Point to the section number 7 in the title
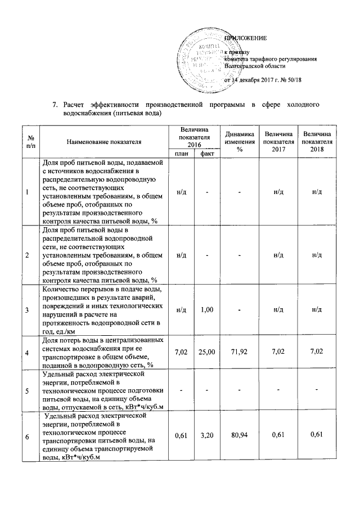tap(55, 105)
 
